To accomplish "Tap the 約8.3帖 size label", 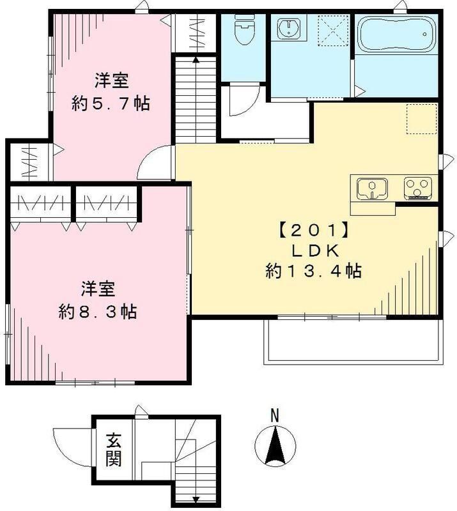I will [x=97, y=312].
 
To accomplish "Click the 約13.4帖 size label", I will [x=314, y=271].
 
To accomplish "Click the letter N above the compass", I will [x=274, y=416].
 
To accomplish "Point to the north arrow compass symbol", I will [x=274, y=445].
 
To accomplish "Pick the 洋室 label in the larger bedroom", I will [x=97, y=289].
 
